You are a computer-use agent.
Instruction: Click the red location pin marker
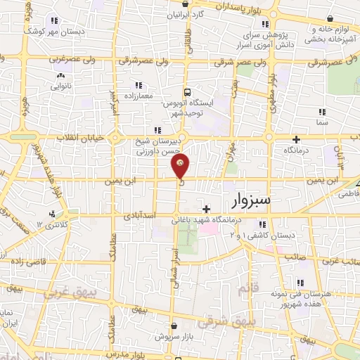click(180, 166)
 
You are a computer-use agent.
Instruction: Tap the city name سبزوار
click(260, 202)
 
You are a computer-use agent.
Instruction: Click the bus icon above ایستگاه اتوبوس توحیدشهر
click(187, 91)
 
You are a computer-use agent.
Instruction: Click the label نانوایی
click(60, 86)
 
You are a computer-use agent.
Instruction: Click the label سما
click(322, 122)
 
